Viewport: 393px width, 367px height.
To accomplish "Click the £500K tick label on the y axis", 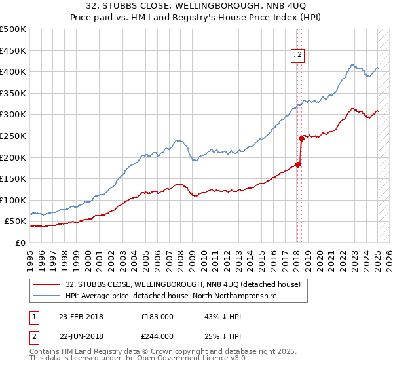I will pos(13,29).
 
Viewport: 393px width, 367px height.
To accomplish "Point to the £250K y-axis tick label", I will pos(13,136).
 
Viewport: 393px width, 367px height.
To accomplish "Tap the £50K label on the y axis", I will pos(16,222).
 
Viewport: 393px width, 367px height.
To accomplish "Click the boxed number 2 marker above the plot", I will pos(299,56).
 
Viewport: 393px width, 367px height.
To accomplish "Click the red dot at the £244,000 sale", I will pos(301,138).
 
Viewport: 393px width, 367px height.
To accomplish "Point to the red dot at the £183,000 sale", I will pos(297,164).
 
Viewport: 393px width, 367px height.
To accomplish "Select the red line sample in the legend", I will pos(46,284).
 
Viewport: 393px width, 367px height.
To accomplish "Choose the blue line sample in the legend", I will pos(46,296).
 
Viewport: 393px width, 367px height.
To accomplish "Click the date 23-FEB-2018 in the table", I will pos(81,317).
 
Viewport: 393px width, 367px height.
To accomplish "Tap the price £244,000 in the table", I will pos(157,336).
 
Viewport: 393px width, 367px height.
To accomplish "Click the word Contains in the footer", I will pos(45,353).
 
